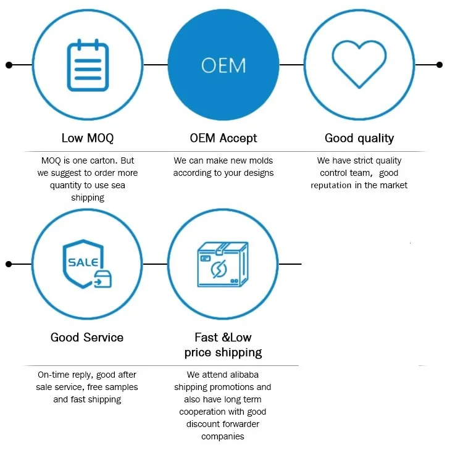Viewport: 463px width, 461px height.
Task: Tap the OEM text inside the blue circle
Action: (223, 65)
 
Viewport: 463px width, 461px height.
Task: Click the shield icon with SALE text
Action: (83, 264)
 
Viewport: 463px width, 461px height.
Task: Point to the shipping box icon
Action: (222, 264)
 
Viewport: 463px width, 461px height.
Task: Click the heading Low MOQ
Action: (88, 138)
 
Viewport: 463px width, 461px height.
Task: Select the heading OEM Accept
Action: (223, 138)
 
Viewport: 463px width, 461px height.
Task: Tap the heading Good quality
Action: (359, 138)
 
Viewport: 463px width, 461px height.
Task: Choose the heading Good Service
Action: (87, 338)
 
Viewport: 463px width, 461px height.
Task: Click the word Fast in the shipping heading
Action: (206, 338)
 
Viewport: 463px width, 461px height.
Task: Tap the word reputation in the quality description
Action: (331, 185)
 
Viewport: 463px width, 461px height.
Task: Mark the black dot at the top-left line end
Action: (9, 64)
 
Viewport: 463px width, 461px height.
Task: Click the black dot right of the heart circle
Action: (440, 64)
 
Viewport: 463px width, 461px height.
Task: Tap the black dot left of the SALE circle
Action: (9, 264)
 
